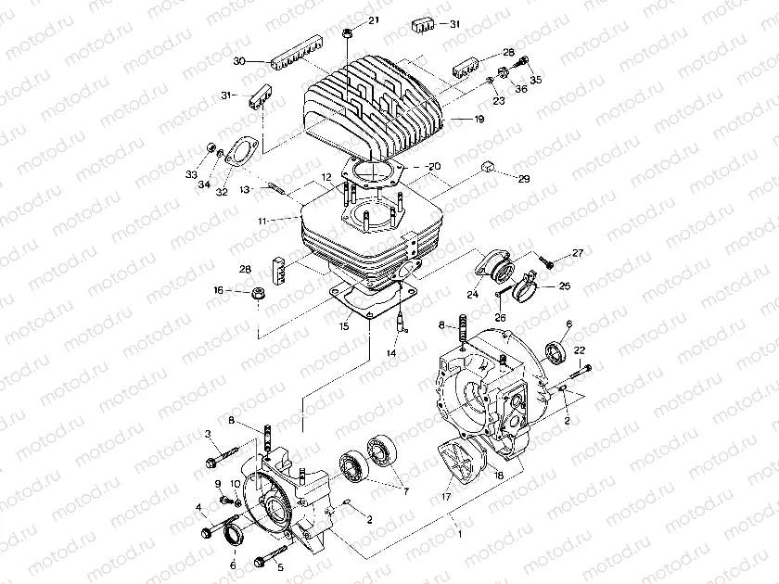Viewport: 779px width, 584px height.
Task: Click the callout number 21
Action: [x=373, y=20]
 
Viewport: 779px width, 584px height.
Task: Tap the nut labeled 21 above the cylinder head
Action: [x=347, y=33]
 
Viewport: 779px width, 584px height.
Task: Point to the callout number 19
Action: [x=479, y=120]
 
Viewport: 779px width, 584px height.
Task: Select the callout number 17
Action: [x=447, y=498]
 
